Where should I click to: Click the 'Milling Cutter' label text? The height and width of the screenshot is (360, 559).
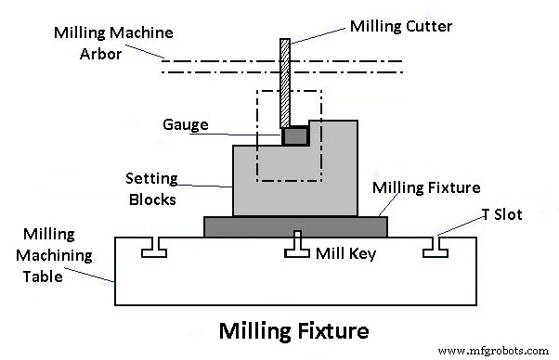tap(401, 26)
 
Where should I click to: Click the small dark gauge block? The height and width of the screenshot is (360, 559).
tap(295, 135)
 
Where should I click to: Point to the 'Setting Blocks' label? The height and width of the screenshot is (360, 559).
tap(151, 186)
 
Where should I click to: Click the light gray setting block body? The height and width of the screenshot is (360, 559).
tap(279, 186)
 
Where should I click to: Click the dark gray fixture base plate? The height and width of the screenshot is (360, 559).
tap(295, 226)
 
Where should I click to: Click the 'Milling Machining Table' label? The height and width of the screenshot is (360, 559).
tap(58, 254)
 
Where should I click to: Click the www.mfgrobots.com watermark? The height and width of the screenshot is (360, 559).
tap(493, 351)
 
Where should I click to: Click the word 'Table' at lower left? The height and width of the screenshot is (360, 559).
tap(44, 276)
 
